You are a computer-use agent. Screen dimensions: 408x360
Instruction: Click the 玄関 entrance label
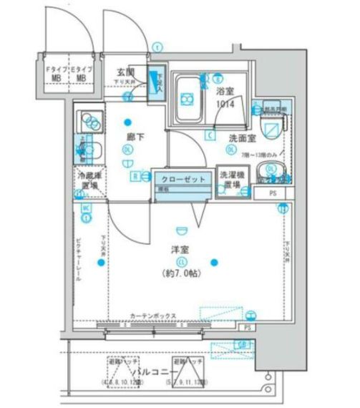click(129, 72)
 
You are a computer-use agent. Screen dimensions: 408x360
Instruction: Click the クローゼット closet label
click(183, 179)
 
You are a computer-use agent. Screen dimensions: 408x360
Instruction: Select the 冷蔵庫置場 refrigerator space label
click(89, 180)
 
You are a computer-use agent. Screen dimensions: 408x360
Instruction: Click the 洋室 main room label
click(179, 249)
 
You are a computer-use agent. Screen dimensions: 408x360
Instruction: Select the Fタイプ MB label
click(57, 74)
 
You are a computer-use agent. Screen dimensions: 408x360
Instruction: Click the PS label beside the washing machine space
click(272, 193)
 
